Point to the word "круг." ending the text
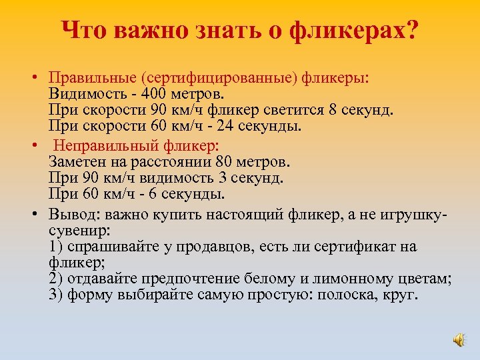point(399,295)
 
